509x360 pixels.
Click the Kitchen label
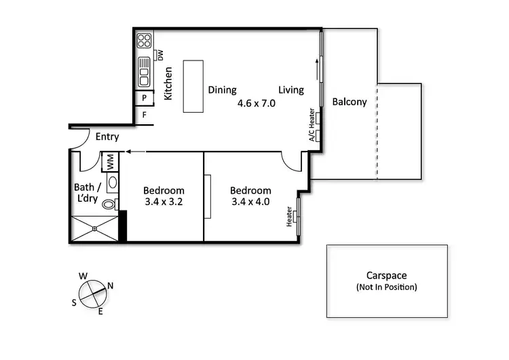point(168,83)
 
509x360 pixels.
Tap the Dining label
point(222,90)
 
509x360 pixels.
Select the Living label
point(291,90)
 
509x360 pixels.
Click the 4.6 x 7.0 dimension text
point(256,104)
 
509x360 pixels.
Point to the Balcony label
point(350,102)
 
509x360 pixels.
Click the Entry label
point(107,137)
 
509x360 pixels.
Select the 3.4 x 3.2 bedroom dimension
point(164,202)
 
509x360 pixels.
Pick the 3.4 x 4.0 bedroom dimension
point(250,202)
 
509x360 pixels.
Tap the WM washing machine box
point(110,162)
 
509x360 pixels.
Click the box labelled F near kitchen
point(144,115)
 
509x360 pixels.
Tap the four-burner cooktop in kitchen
point(144,41)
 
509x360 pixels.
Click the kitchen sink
point(144,71)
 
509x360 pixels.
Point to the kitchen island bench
point(193,86)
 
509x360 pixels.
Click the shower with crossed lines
point(95,229)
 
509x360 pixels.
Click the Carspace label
point(386,276)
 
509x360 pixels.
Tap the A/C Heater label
point(312,125)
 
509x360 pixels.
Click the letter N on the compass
point(111,286)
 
